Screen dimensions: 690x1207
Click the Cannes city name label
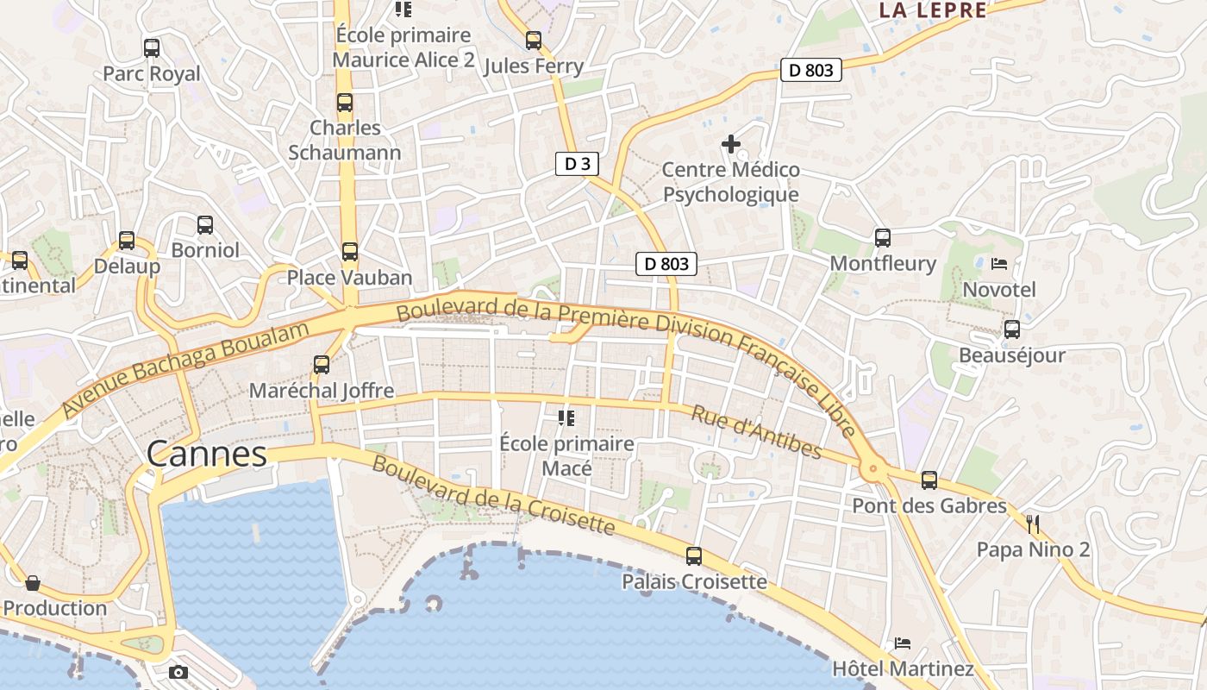tap(207, 454)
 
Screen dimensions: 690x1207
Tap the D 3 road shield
tap(577, 164)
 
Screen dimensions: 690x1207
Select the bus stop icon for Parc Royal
tap(152, 48)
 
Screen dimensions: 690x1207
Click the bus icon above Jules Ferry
tap(534, 40)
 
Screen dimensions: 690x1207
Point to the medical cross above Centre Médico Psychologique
tap(731, 144)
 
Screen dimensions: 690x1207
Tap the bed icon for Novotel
tap(999, 263)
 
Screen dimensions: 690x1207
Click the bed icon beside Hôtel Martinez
tap(903, 643)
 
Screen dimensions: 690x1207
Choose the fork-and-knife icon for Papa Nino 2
tap(1034, 524)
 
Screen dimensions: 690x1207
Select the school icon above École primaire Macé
tap(566, 418)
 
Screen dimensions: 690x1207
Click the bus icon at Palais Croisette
tap(694, 556)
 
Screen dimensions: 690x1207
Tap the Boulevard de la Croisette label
tap(493, 495)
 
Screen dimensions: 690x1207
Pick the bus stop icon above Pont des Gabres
tap(929, 480)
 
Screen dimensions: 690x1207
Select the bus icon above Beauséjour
tap(1012, 329)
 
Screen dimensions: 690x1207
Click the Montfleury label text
tap(883, 264)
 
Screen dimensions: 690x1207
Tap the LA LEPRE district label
tap(933, 10)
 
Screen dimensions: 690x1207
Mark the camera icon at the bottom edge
tap(178, 672)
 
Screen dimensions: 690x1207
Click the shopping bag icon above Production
tap(33, 583)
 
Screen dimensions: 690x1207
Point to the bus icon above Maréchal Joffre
tap(322, 364)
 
